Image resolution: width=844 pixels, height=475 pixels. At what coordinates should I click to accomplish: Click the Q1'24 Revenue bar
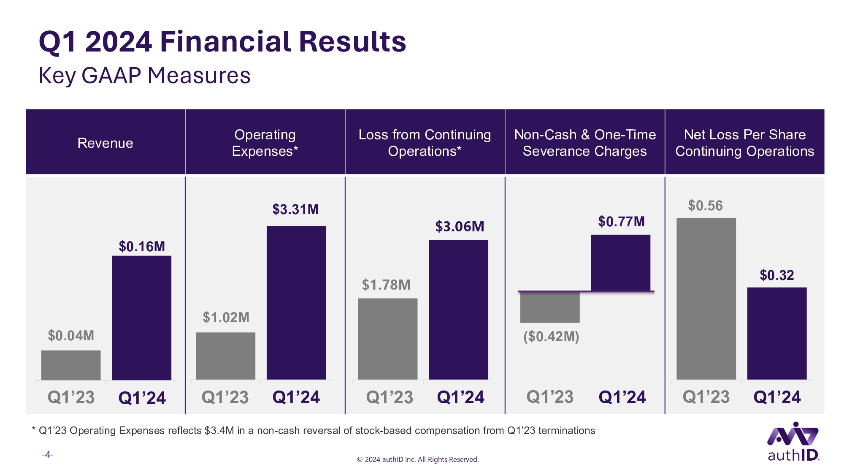coord(141,318)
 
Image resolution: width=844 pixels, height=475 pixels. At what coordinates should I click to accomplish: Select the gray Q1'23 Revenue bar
coord(71,365)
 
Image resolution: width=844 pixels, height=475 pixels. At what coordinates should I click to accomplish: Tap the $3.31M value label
coord(295,209)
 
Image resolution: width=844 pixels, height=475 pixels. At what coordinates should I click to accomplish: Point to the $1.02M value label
coord(226,318)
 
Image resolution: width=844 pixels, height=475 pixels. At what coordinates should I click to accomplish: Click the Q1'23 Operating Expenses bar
coord(226,356)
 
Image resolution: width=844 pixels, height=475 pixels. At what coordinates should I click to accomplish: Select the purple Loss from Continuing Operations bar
coord(458,309)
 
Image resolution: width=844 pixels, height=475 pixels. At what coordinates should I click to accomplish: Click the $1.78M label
coord(386,285)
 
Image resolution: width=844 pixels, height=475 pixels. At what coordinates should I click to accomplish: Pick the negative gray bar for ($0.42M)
coord(550,307)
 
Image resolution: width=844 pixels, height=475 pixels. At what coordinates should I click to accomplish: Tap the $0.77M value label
coord(622,222)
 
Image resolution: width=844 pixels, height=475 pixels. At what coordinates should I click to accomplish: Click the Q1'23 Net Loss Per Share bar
coord(706,299)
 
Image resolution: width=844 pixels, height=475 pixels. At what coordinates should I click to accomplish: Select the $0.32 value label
coord(777,275)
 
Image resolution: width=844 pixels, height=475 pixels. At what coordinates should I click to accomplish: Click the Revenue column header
coord(105,143)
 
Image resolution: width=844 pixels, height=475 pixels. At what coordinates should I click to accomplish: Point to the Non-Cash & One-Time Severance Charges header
coord(585,143)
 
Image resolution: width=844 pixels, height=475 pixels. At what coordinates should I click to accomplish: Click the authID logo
coord(793,441)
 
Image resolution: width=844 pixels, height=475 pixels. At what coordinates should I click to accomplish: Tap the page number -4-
coord(47,454)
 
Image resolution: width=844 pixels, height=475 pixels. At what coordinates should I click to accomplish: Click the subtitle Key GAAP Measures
coord(145,76)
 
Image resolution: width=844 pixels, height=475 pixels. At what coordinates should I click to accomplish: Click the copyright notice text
coord(418,459)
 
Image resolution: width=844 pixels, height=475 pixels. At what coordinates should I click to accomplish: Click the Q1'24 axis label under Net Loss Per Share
coord(777,397)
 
